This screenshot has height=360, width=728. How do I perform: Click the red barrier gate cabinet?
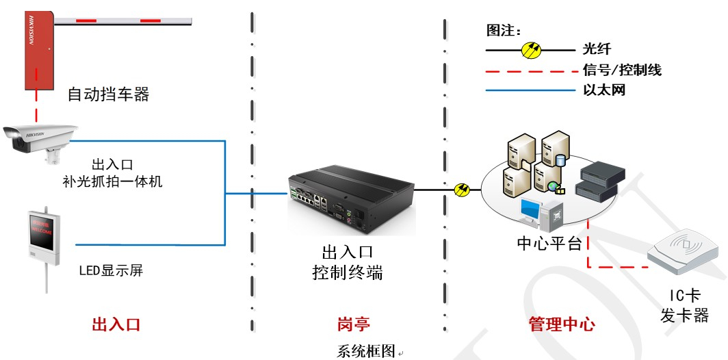tap(39, 51)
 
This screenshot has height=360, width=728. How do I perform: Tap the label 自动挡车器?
tap(108, 94)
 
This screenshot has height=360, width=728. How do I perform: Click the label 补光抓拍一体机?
tap(112, 182)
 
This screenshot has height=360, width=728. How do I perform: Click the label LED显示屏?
tap(111, 270)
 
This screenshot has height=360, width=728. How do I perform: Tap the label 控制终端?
tap(347, 273)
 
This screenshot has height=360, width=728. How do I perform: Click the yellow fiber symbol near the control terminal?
tap(462, 190)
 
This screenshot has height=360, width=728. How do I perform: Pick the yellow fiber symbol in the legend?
tap(532, 50)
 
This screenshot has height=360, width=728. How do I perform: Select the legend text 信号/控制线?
tap(622, 70)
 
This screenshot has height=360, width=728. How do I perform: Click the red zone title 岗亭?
tap(354, 323)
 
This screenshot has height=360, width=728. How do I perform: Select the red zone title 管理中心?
tap(562, 324)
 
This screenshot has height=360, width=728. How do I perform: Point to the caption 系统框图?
tap(367, 351)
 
